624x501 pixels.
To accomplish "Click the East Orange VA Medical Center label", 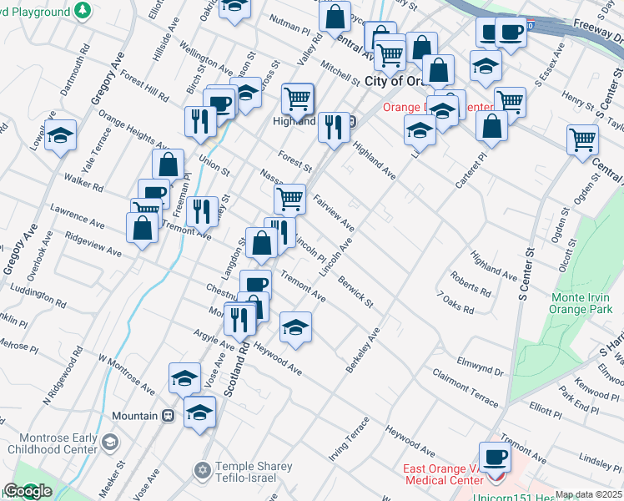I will (x=444, y=474).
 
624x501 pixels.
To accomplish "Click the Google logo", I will (x=28, y=491).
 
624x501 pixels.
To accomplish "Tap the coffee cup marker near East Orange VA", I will (x=496, y=457).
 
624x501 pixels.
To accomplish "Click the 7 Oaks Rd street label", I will (x=455, y=303).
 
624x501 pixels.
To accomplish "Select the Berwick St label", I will (x=355, y=291).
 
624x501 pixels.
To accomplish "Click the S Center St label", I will (x=525, y=274).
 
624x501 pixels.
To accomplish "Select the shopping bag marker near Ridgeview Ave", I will (x=143, y=227).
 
